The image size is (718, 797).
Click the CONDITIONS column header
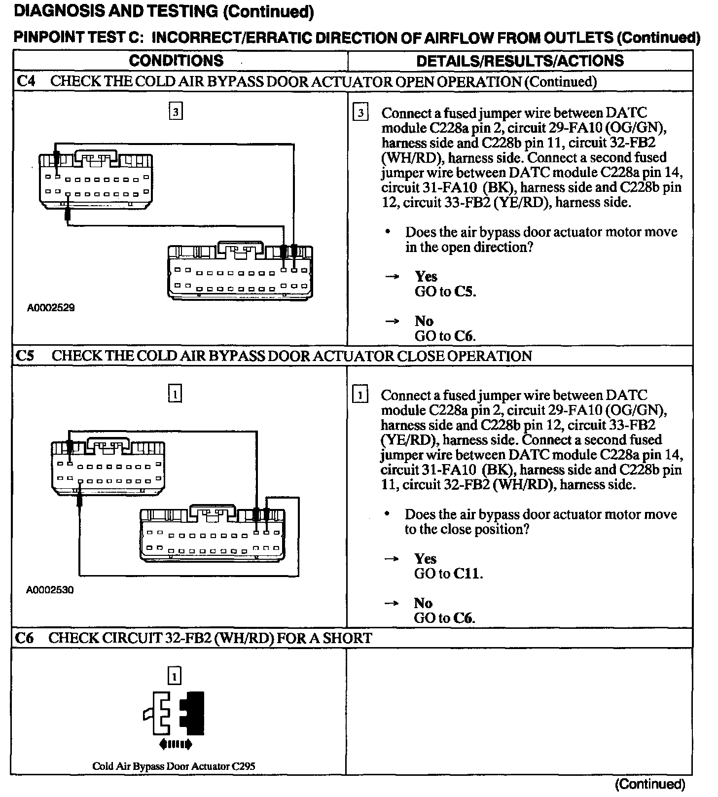[176, 61]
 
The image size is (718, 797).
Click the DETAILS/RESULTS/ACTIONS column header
[520, 61]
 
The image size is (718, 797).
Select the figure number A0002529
[51, 308]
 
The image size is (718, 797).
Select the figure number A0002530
[50, 590]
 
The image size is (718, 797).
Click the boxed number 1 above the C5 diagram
[176, 394]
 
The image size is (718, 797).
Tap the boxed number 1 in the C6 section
[175, 676]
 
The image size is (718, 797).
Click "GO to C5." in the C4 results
[445, 291]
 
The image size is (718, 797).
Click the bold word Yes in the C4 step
[426, 276]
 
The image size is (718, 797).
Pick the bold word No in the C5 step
[423, 603]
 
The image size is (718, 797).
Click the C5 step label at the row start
[25, 356]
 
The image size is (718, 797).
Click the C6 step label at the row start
[25, 638]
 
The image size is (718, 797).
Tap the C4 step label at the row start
[25, 81]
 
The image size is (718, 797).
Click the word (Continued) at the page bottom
[649, 784]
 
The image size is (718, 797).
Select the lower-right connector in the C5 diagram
[212, 535]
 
